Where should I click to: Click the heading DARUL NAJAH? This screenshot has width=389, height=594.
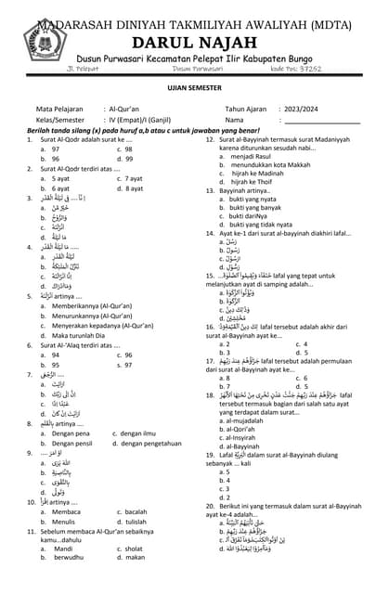coord(195,40)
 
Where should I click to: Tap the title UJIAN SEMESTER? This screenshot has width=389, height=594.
coord(194,85)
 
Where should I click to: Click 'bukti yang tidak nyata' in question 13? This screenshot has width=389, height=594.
coord(267,225)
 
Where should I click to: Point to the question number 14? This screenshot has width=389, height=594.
coord(211,234)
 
